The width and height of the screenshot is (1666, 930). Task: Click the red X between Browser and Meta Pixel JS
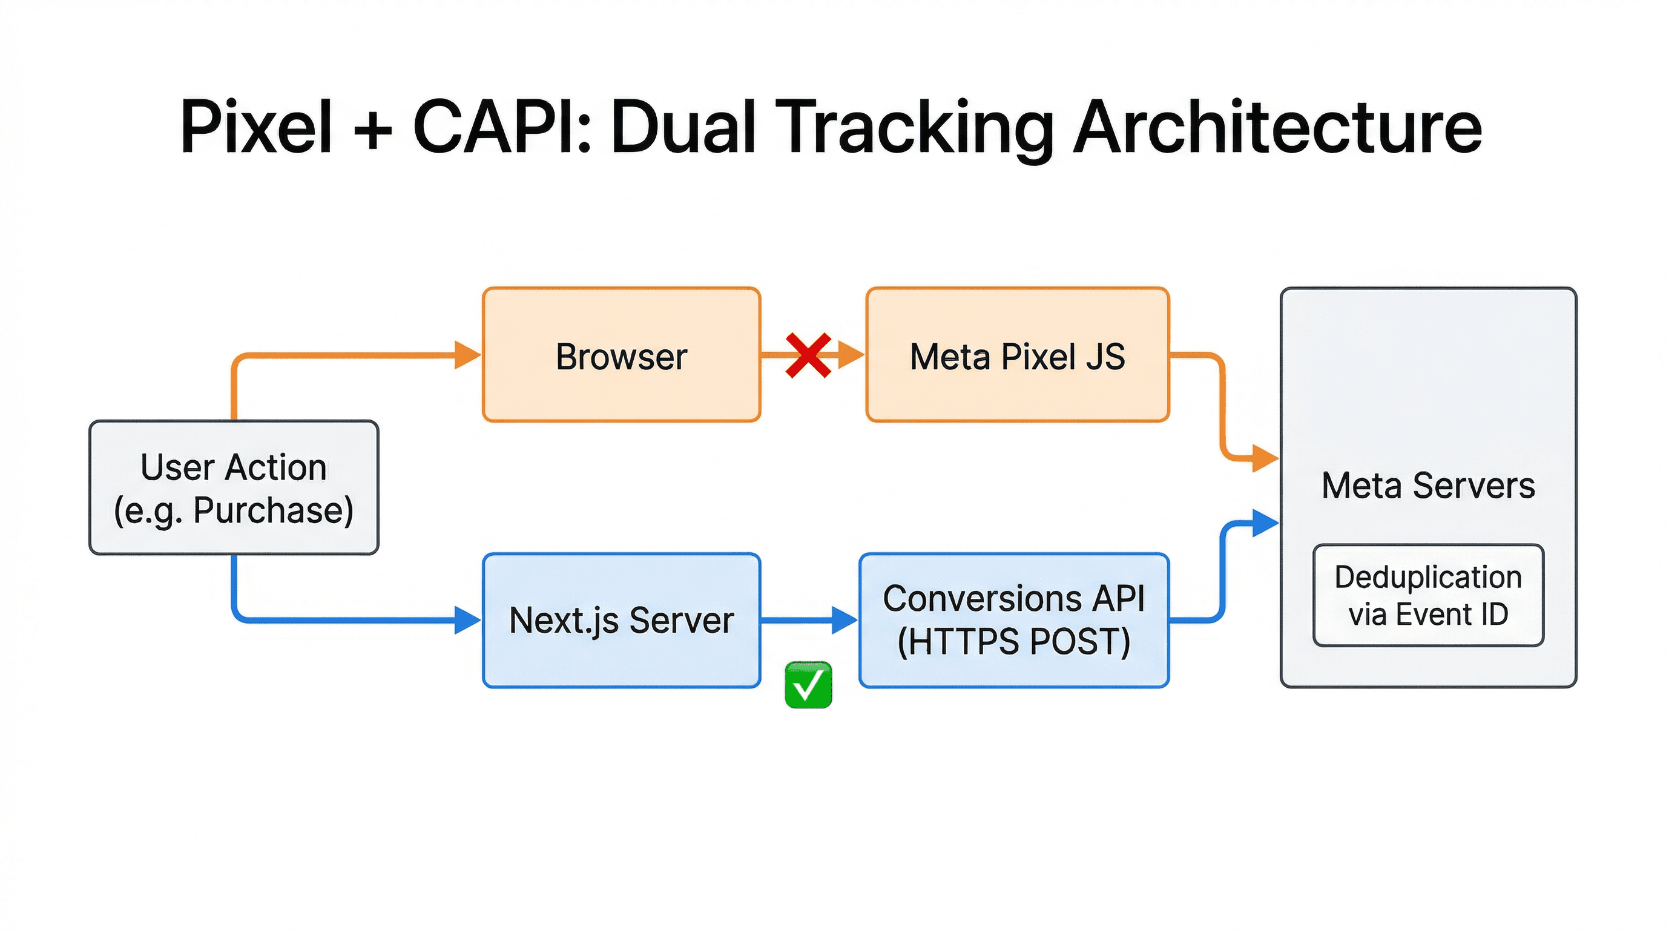808,355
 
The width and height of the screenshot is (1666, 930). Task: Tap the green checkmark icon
808,685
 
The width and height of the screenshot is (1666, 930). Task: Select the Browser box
621,355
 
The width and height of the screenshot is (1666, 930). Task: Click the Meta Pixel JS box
1017,355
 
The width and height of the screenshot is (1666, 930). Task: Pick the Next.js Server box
621,620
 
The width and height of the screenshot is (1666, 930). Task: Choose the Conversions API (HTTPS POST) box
1013,620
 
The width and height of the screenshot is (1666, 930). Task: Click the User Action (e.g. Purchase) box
234,487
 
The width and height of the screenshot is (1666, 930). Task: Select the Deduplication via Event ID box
1428,595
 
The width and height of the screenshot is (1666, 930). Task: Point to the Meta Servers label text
1428,485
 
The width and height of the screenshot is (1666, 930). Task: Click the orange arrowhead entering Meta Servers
1265,458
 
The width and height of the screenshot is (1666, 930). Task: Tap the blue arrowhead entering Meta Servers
1265,523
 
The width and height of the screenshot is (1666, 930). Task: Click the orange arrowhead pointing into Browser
466,355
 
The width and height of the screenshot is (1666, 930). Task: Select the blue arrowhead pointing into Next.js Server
466,620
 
